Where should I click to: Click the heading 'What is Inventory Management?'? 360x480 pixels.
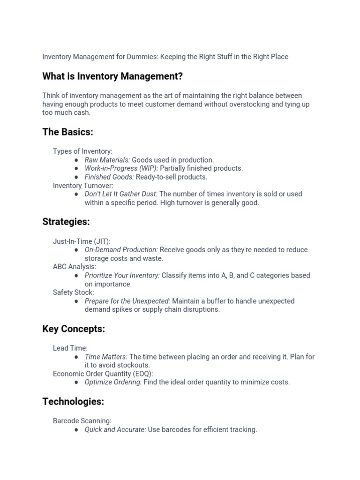tap(112, 76)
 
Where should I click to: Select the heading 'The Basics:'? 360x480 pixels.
tap(67, 132)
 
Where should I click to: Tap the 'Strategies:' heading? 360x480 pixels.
tap(66, 222)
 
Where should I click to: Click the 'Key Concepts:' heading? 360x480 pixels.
tap(74, 329)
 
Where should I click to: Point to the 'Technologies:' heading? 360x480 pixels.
tap(73, 402)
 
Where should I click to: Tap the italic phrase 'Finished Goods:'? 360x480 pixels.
tap(109, 177)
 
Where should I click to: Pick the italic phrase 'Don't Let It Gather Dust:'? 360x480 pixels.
tap(121, 194)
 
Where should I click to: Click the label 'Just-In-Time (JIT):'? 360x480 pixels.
tap(82, 241)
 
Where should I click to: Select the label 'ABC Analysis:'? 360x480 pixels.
tap(75, 267)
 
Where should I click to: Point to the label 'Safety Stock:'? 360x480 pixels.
tap(73, 292)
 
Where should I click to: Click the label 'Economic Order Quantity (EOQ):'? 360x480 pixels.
tap(103, 374)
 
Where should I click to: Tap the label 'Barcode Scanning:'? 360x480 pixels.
tap(82, 421)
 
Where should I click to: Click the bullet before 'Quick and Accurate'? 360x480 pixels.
tap(76, 430)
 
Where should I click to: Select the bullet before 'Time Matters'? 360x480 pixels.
tap(76, 357)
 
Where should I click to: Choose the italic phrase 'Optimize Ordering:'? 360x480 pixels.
tap(113, 382)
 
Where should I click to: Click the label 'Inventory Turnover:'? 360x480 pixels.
tap(83, 186)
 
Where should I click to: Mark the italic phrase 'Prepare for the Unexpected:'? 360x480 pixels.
tap(127, 301)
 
